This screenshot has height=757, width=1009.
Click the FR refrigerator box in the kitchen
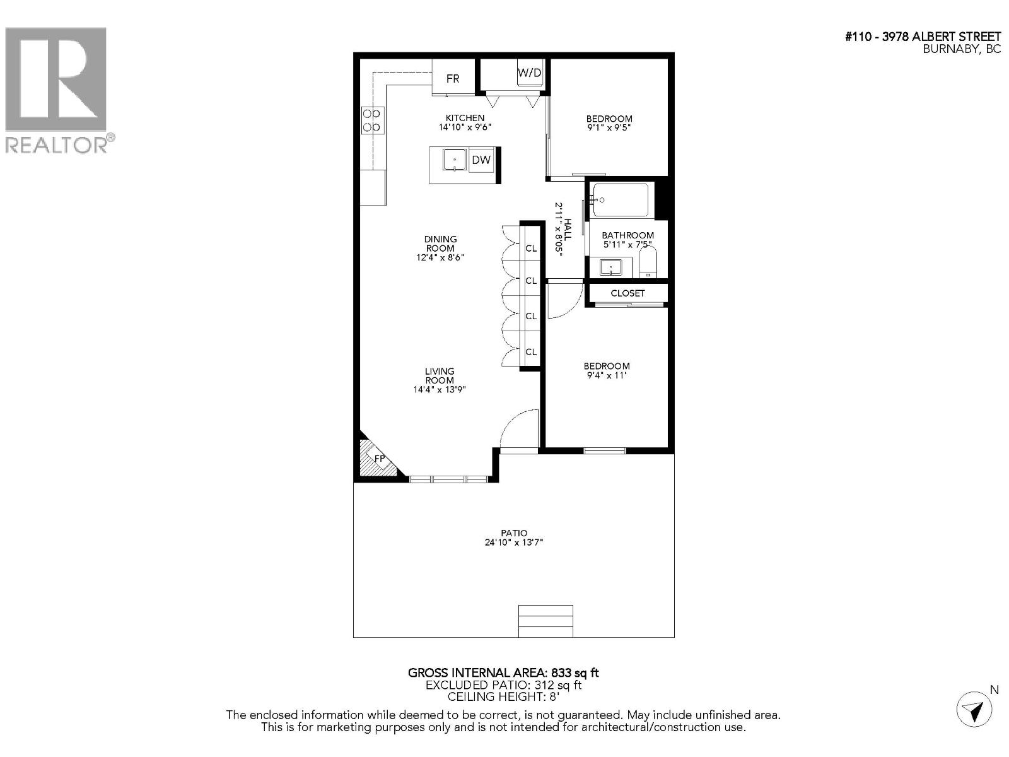click(x=453, y=78)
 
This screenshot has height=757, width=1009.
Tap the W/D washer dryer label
click(x=529, y=73)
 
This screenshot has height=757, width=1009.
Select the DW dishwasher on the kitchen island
click(x=481, y=160)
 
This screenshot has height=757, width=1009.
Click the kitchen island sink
click(x=454, y=160)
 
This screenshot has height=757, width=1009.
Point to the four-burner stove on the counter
click(x=372, y=120)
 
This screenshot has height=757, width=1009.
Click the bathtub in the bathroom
click(x=621, y=200)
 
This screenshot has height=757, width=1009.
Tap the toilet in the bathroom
click(x=648, y=262)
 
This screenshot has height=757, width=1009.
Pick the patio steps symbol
click(x=545, y=621)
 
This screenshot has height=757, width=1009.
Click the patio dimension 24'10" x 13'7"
click(x=514, y=542)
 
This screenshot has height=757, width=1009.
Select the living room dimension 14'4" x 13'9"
click(x=440, y=389)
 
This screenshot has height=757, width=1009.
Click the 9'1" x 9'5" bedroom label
click(x=609, y=127)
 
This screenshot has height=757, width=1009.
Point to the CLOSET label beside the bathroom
click(x=627, y=293)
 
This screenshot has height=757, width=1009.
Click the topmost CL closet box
click(x=531, y=249)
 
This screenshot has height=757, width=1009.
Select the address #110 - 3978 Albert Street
click(x=923, y=37)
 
